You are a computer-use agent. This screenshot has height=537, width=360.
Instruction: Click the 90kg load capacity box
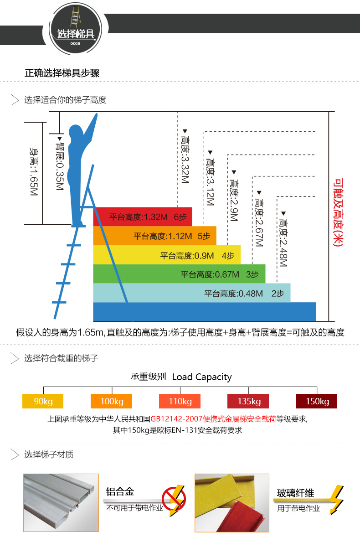43,401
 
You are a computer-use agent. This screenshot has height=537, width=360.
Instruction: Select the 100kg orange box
111,401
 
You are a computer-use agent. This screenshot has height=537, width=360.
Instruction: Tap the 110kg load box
180,401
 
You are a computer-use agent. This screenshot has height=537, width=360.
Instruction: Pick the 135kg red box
248,401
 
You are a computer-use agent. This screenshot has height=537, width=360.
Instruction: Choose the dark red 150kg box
317,401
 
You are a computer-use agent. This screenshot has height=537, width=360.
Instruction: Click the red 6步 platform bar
142,217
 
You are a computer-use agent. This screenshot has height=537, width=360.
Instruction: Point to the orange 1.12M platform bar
154,236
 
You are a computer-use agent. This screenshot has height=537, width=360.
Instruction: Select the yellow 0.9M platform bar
167,255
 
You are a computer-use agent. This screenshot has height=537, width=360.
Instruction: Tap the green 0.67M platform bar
179,274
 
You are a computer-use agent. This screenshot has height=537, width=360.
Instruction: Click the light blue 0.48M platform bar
192,293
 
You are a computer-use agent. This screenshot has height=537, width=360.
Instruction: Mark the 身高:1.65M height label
34,171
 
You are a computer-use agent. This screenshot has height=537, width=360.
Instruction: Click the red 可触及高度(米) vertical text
338,212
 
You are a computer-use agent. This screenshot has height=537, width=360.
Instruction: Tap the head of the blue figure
76,133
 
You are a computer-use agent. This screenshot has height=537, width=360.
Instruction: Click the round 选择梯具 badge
76,29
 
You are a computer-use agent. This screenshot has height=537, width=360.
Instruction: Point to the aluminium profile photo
61,502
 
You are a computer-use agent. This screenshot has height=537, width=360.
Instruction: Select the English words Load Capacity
202,377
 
